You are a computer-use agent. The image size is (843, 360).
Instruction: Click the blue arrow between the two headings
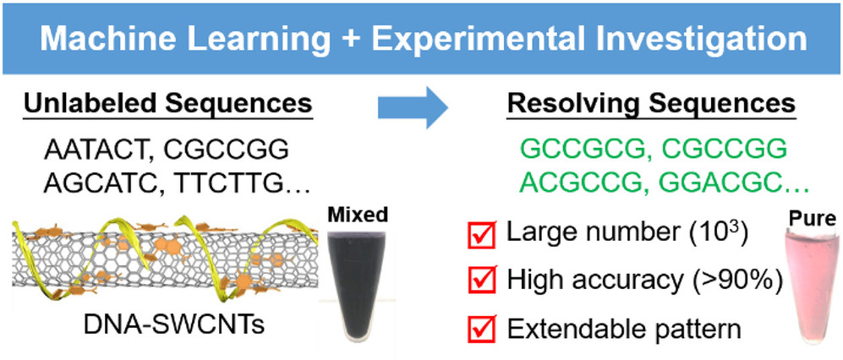pos(413,107)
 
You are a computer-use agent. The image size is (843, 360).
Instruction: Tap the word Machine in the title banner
pos(109,39)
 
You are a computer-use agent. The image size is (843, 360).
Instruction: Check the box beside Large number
pos(482,234)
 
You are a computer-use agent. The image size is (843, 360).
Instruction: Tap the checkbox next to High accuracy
pos(482,280)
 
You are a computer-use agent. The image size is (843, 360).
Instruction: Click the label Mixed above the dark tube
pos(358,215)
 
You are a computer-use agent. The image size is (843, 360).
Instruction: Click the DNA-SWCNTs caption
pos(173,325)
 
